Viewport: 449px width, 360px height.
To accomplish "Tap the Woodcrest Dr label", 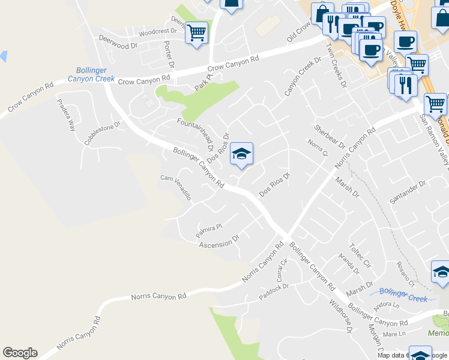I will [x=150, y=32].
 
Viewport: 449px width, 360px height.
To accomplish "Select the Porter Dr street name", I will [x=169, y=55].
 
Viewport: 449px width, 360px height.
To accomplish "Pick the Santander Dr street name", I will [x=408, y=191].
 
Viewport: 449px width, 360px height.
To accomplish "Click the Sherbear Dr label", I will [x=330, y=137].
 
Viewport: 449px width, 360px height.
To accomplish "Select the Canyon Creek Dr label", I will [x=303, y=77].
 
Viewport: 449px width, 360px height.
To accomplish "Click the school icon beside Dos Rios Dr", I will [x=241, y=154].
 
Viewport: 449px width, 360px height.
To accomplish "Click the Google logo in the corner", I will [x=20, y=353].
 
